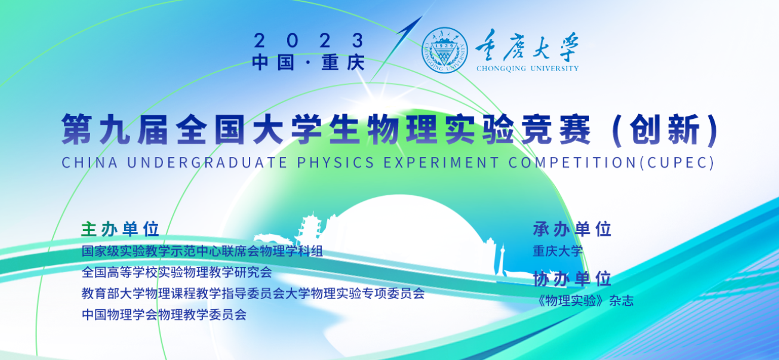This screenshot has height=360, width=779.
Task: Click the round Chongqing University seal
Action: coord(445,50)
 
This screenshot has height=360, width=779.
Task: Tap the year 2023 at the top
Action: coord(309,41)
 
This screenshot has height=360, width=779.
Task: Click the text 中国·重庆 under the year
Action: coord(309,63)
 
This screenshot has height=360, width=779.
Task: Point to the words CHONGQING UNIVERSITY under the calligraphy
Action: coord(527,69)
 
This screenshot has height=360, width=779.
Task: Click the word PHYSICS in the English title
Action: coord(335,163)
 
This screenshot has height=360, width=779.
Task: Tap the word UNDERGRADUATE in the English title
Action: coord(207,163)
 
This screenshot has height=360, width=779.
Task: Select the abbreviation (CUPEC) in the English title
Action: coord(676,163)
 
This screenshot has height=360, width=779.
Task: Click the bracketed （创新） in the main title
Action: coord(664,130)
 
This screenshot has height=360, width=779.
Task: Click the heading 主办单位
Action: coord(120,229)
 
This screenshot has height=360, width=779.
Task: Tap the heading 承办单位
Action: coord(572,229)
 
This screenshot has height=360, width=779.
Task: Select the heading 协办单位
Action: coord(572,279)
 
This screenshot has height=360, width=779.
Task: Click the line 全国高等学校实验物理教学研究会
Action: coord(177,272)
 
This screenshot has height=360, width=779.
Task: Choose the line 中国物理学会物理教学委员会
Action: coord(164,315)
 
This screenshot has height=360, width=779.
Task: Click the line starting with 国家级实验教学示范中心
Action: coord(202,251)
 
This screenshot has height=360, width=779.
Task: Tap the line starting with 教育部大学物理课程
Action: coord(253,293)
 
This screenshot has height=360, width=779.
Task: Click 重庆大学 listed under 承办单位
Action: coord(558,251)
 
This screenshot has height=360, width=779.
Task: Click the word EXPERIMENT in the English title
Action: coord(441,163)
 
